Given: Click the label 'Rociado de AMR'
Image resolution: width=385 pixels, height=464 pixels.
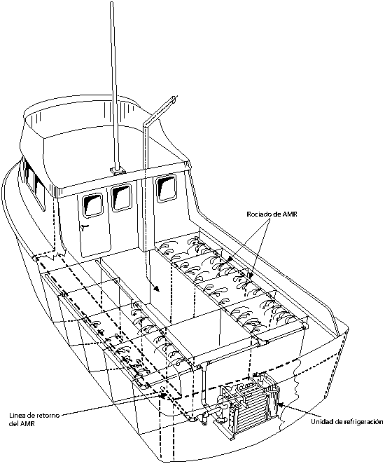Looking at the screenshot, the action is click(x=272, y=214).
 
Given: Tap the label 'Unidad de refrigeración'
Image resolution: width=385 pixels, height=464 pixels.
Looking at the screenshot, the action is click(x=347, y=422).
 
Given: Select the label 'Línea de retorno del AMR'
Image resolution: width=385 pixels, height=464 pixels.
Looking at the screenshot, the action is click(x=34, y=419).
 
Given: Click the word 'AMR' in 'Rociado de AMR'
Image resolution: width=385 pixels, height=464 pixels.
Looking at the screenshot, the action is click(x=289, y=214).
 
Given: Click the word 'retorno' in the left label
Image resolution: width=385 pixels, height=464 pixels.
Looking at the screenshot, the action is click(x=48, y=416).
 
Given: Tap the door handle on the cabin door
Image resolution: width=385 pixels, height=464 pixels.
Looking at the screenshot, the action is click(x=85, y=227).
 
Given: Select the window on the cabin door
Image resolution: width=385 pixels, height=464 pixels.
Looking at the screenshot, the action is click(x=92, y=204).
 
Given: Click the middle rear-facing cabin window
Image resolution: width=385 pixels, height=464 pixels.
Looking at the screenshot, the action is click(x=121, y=197).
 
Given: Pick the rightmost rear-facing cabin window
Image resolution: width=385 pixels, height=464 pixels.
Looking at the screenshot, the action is click(x=166, y=188).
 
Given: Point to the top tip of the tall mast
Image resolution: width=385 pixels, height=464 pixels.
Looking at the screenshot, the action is click(x=112, y=3).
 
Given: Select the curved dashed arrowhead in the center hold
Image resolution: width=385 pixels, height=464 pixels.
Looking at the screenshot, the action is click(x=157, y=289).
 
